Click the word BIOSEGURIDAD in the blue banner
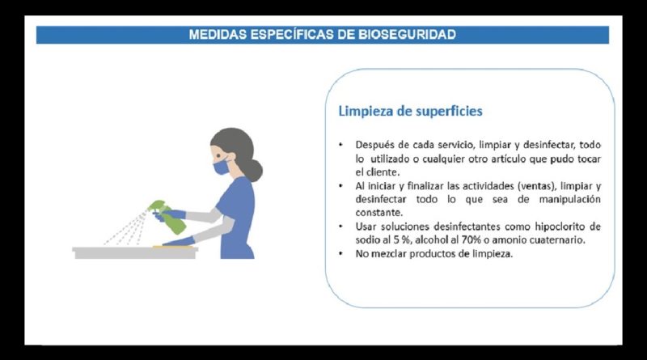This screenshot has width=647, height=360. click(x=407, y=34)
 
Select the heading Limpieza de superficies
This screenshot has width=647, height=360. click(x=410, y=111)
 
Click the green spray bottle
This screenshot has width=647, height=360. click(x=167, y=216)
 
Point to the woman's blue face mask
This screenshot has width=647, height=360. click(x=222, y=167)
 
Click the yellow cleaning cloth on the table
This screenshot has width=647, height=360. click(x=173, y=247)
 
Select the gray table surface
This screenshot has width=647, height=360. click(x=135, y=252)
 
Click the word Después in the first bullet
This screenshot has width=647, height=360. click(x=371, y=146)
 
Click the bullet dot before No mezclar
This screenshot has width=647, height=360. click(x=340, y=253)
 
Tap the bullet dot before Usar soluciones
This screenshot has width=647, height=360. click(x=340, y=227)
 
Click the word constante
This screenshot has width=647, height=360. click(x=378, y=213)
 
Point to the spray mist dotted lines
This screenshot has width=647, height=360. click(x=127, y=228)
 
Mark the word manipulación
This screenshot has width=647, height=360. click(x=570, y=200)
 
